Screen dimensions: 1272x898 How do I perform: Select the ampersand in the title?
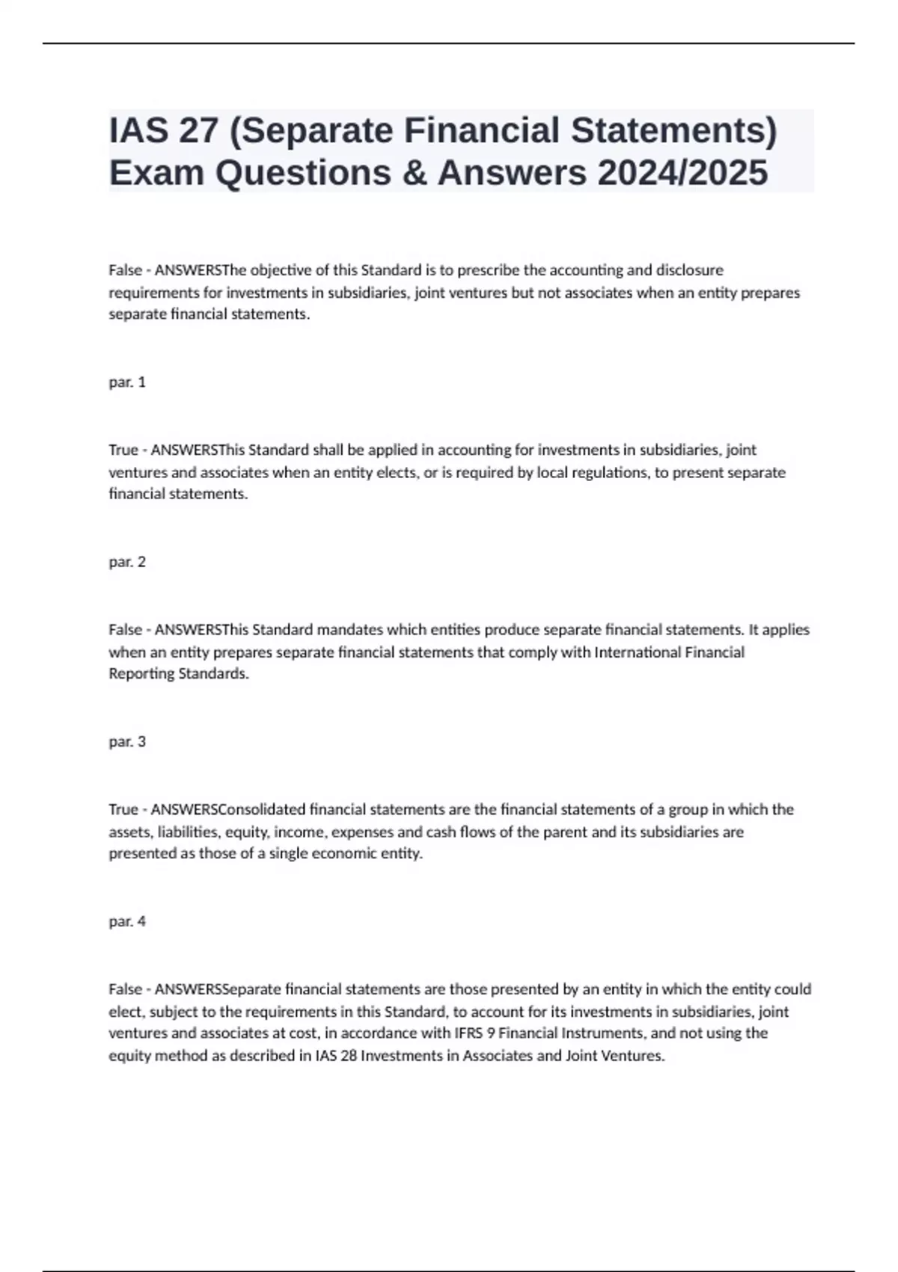[413, 173]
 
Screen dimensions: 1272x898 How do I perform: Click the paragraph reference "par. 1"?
[127, 382]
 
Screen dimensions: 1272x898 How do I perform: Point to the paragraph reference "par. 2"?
[127, 562]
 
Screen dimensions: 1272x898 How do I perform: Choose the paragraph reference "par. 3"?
[127, 742]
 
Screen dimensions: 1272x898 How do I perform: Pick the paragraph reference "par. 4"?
[127, 921]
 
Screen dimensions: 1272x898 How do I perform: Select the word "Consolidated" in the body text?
[261, 809]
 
